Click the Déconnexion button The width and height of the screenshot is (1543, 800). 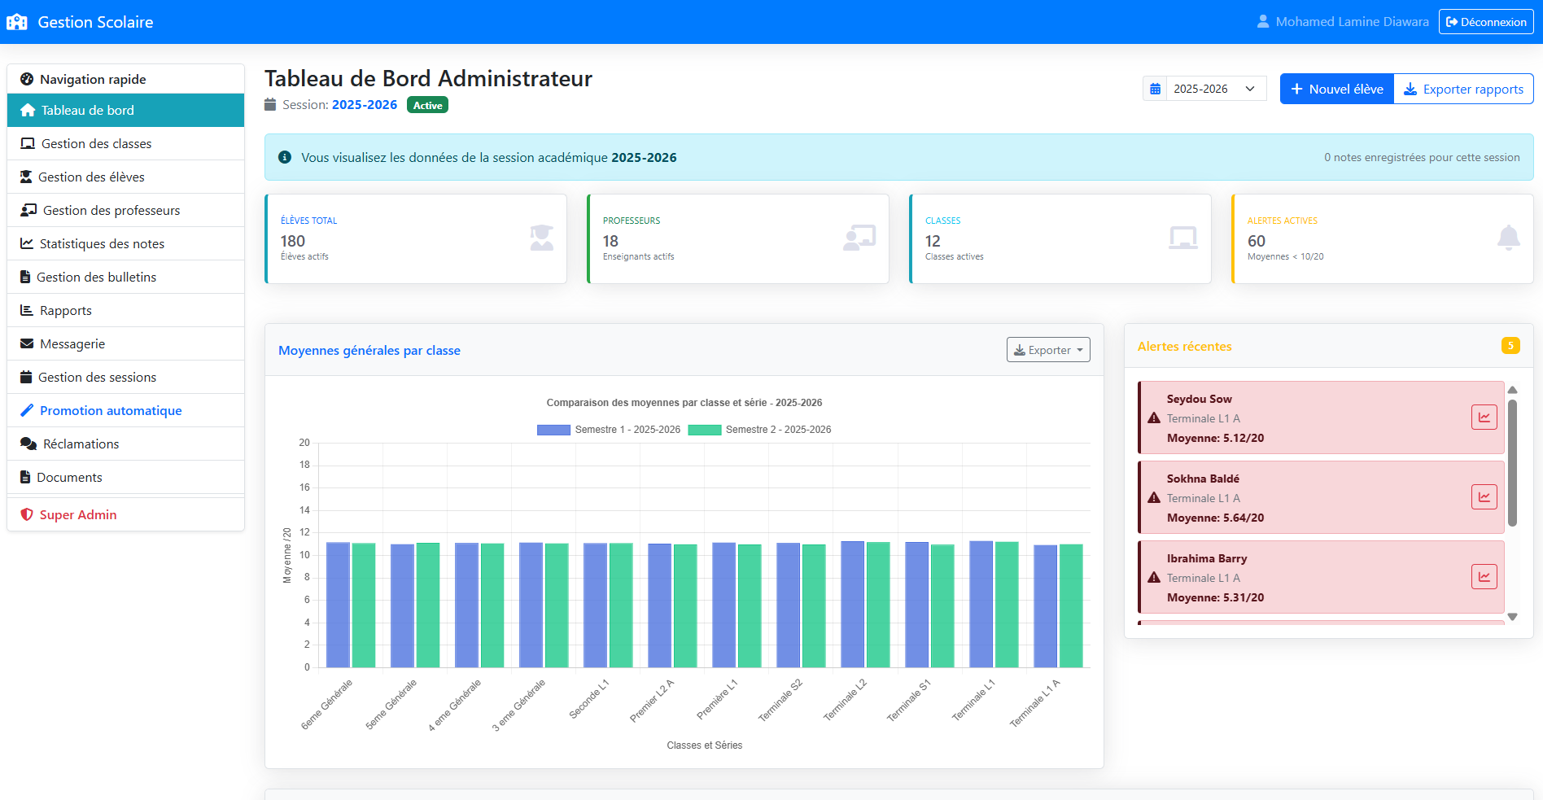coord(1486,22)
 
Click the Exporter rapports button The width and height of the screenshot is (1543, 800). coord(1464,89)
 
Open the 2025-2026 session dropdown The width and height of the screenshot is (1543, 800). coord(1204,89)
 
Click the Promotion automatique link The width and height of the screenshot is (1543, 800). coord(111,411)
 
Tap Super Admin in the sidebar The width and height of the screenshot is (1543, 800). coord(78,515)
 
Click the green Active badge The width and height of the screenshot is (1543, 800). coord(427,105)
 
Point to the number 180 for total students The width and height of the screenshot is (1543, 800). coord(293,241)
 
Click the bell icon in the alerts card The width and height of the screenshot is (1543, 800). coord(1508,238)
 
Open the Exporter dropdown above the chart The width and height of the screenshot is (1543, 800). coord(1048,350)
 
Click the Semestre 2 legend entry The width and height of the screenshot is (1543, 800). coord(760,430)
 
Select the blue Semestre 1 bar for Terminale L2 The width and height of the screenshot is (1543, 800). coord(853,605)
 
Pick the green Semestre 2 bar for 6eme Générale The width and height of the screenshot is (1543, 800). coord(364,605)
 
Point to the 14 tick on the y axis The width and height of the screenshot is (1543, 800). coord(304,510)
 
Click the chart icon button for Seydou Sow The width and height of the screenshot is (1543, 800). coord(1484,417)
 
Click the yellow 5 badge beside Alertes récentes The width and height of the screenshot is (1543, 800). coord(1510,346)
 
